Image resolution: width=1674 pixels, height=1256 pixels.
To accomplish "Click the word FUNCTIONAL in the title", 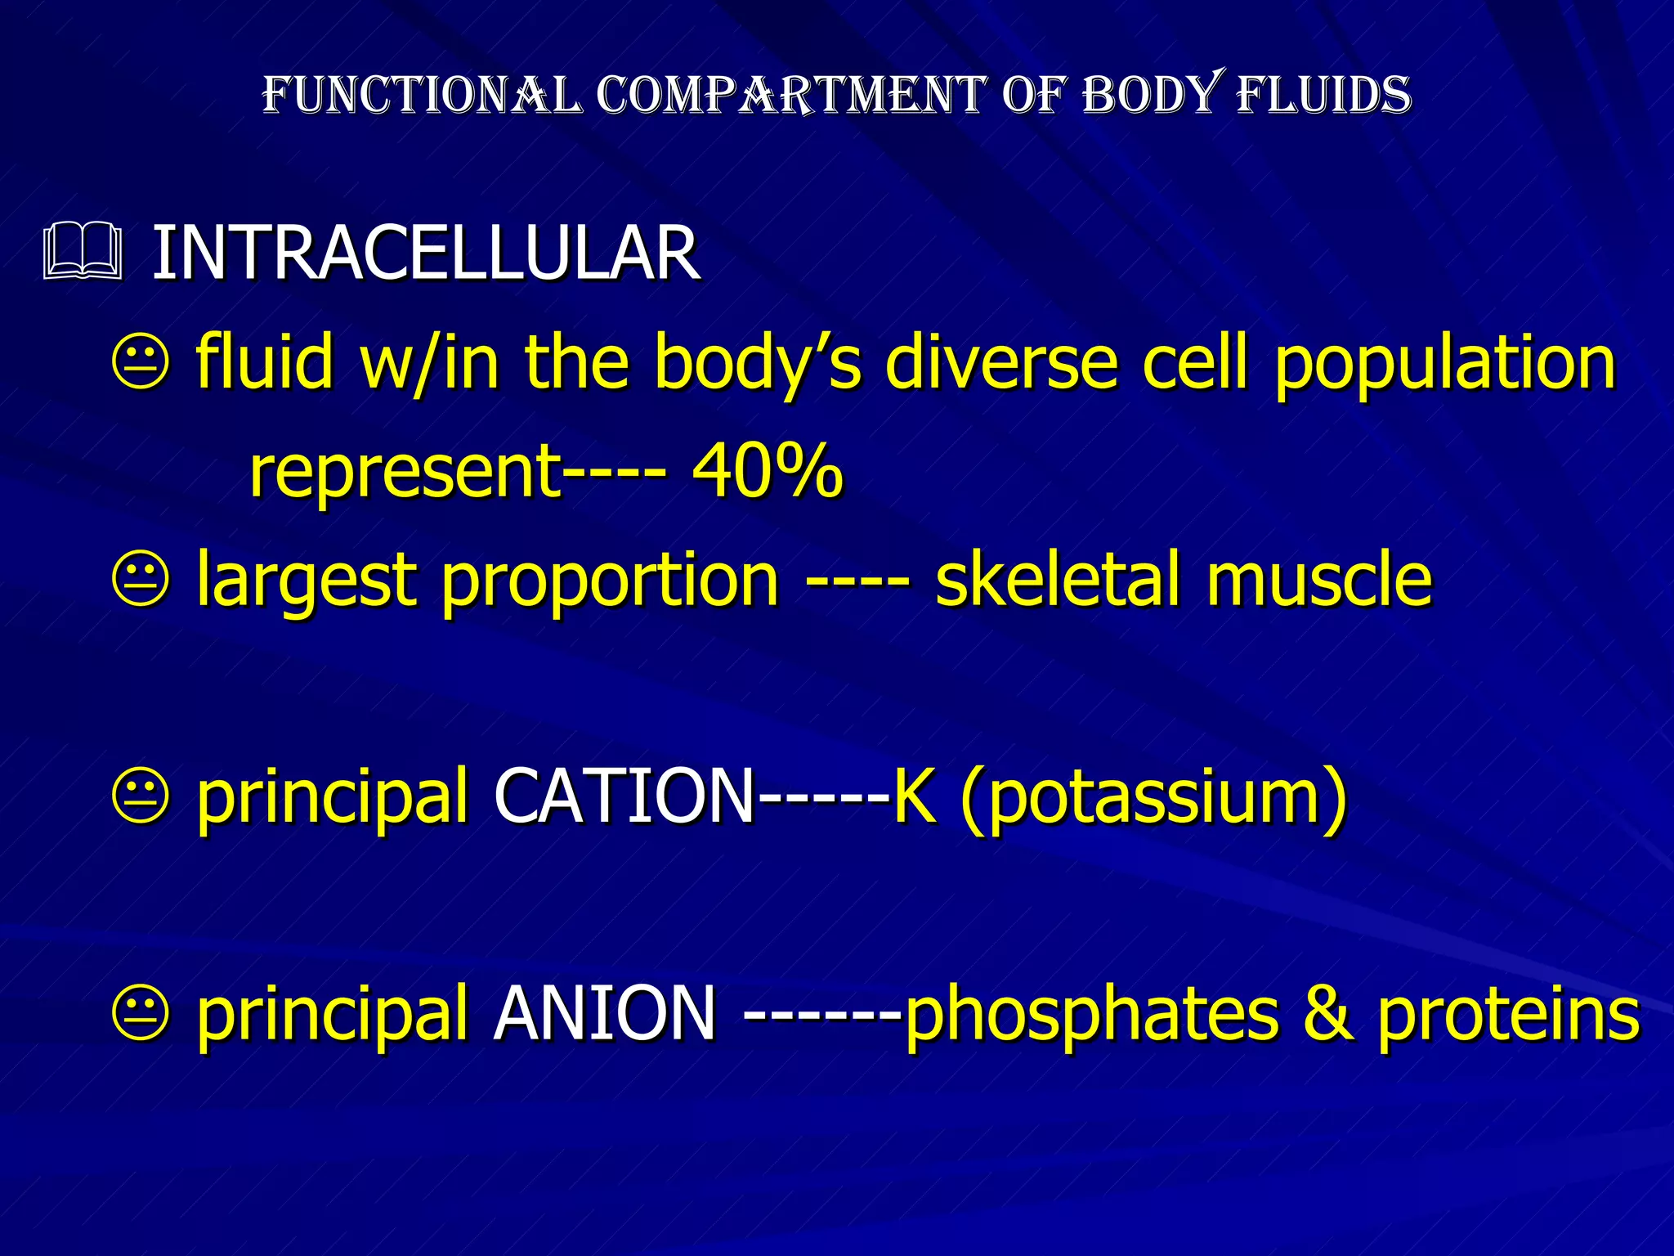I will pos(422,95).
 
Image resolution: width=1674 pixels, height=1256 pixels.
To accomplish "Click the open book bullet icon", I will pos(83,252).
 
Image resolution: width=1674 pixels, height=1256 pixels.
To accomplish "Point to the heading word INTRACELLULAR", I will pos(426,253).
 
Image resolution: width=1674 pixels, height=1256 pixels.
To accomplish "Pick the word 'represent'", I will pos(405,473).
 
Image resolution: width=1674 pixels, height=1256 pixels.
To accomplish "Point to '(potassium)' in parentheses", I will pos(1153,798).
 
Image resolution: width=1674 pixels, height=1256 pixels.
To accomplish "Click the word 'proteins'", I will pos(1509,1014).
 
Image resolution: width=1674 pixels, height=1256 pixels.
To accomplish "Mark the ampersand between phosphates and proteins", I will pos(1328,1014).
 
